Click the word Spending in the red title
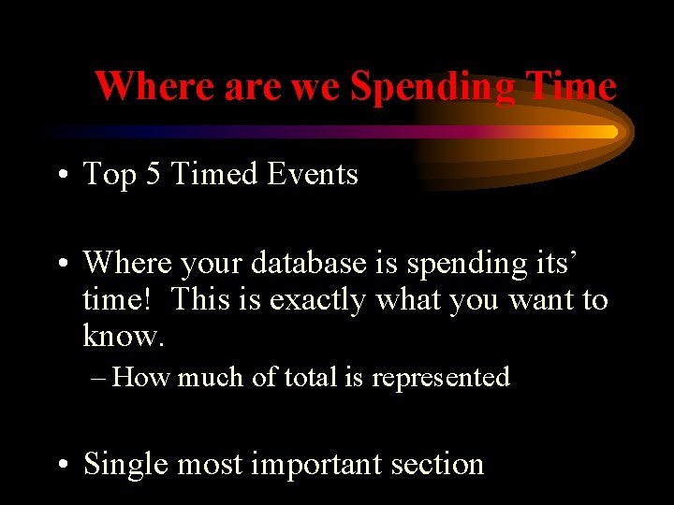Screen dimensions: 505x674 432,87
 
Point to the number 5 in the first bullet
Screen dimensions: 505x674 154,174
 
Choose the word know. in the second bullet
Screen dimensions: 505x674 123,334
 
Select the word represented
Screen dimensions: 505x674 440,378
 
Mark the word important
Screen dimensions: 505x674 324,465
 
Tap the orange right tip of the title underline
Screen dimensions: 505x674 613,132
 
